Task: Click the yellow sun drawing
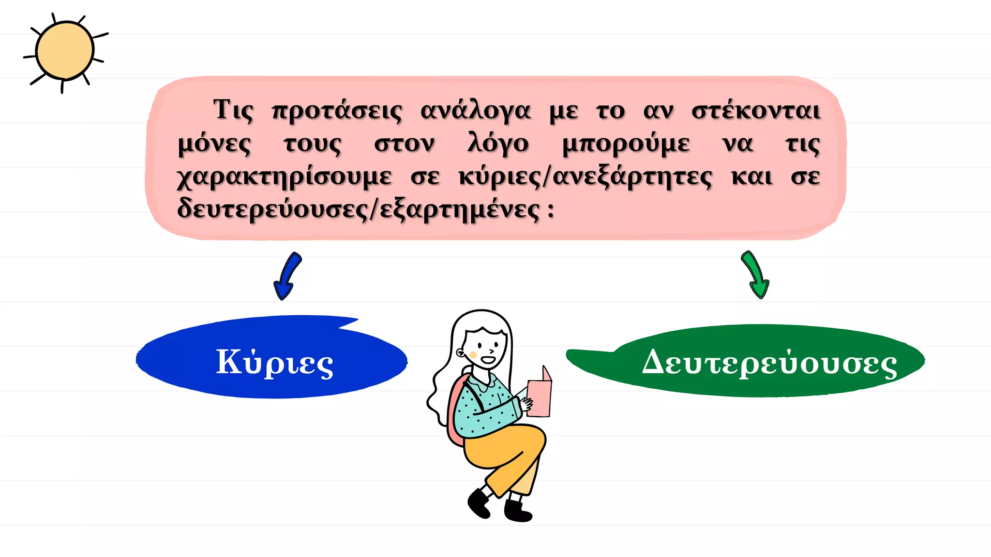click(x=64, y=51)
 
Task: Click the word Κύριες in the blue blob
click(x=274, y=362)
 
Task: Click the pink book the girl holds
click(x=539, y=396)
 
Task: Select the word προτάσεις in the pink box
click(x=337, y=111)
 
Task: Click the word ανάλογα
click(x=475, y=111)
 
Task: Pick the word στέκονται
click(x=756, y=111)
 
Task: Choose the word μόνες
click(x=214, y=144)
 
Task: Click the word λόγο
click(x=498, y=144)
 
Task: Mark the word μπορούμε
click(x=626, y=144)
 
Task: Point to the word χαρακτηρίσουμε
click(x=285, y=177)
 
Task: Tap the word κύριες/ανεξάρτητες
click(x=586, y=177)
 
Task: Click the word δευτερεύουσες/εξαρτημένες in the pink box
click(x=358, y=210)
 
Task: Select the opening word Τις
click(x=233, y=111)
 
